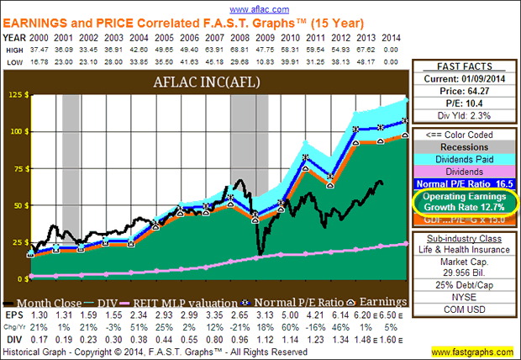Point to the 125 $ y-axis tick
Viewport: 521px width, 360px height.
pos(17,95)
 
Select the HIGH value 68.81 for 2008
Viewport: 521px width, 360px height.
pos(237,50)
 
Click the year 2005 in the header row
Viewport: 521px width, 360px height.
pos(158,37)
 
